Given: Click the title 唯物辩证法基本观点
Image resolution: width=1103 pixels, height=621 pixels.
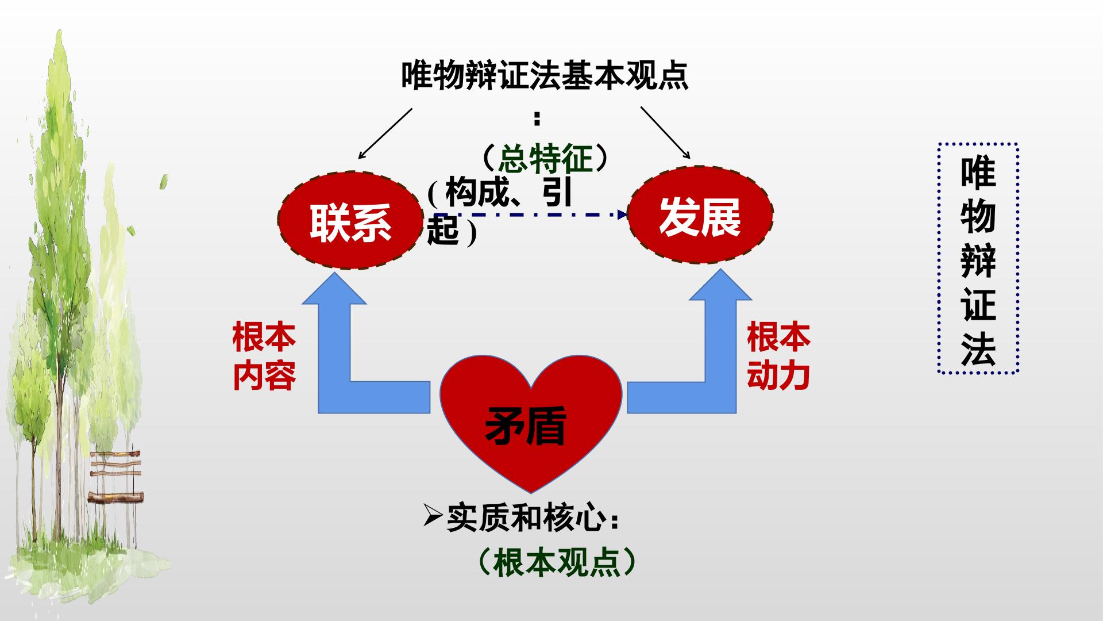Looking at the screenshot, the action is pyautogui.click(x=545, y=75).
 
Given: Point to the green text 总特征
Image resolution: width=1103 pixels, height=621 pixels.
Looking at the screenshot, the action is pyautogui.click(x=545, y=158).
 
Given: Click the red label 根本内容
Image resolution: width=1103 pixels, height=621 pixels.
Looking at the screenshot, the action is pyautogui.click(x=264, y=356).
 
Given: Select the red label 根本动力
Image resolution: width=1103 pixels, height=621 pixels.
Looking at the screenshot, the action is pyautogui.click(x=778, y=356).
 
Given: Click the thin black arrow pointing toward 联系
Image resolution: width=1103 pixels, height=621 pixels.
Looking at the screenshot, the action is pyautogui.click(x=385, y=133).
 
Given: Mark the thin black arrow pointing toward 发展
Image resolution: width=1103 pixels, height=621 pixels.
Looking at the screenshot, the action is pyautogui.click(x=666, y=132).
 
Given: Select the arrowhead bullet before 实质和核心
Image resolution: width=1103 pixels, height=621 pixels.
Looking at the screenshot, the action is pyautogui.click(x=433, y=517).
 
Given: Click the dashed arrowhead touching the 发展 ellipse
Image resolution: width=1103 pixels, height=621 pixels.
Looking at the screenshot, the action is pyautogui.click(x=622, y=215).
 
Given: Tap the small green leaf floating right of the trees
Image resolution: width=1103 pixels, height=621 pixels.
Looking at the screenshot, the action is pyautogui.click(x=164, y=181).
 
